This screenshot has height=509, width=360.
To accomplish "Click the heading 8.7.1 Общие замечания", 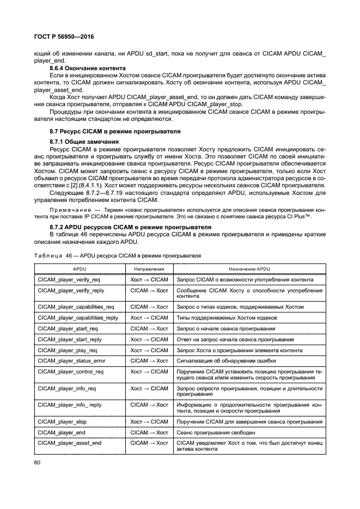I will pyautogui.click(x=81, y=142).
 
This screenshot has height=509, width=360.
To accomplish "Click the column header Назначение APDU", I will pyautogui.click(x=249, y=269).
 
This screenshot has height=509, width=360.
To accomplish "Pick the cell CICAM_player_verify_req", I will pyautogui.click(x=69, y=279).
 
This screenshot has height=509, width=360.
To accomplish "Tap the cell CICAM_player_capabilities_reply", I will pyautogui.click(x=78, y=317).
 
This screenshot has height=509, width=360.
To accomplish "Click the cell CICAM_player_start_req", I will pyautogui.click(x=68, y=328).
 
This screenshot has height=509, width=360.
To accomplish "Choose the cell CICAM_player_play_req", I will pyautogui.click(x=68, y=350).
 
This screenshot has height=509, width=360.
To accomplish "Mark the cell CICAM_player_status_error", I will pyautogui.click(x=71, y=361).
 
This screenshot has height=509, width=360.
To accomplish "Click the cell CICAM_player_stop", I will pyautogui.click(x=62, y=421).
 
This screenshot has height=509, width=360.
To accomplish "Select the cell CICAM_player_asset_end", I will pyautogui.click(x=70, y=443).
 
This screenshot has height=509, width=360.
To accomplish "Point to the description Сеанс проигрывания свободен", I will pyautogui.click(x=216, y=432).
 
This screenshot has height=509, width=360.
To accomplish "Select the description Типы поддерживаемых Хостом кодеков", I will pyautogui.click(x=227, y=317).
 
